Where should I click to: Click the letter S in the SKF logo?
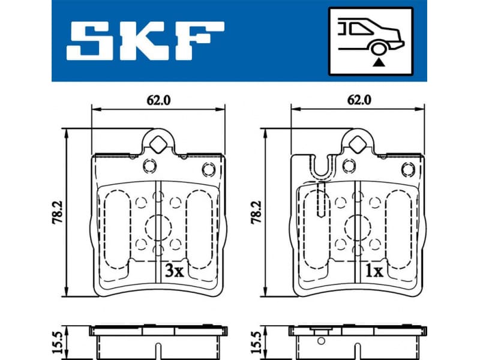[x=91, y=40]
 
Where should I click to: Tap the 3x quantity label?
[x=173, y=271]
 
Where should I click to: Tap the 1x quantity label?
[x=374, y=271]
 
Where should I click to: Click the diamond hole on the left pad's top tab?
[x=158, y=143]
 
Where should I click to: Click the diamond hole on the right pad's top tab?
[x=358, y=143]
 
